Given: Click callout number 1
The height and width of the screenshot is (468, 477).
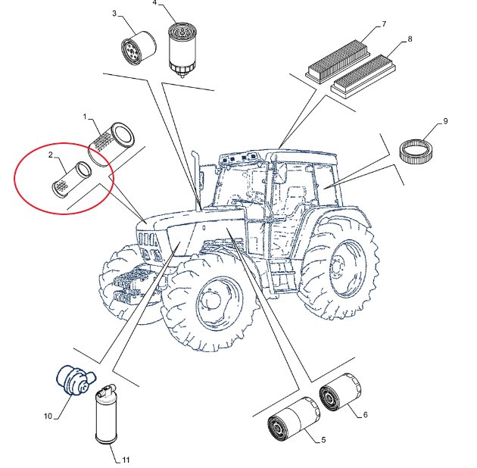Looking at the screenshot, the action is [x=85, y=117].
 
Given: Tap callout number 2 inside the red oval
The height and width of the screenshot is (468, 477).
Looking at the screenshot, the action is [x=51, y=155].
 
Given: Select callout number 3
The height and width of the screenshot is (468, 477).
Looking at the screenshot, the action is [x=114, y=14].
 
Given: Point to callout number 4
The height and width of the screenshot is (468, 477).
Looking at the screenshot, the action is [x=154, y=3].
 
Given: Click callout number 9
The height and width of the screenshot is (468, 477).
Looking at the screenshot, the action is [x=445, y=121].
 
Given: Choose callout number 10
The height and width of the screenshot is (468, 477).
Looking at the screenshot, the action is [x=48, y=416].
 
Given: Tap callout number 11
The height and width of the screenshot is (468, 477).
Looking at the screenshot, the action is [x=126, y=460].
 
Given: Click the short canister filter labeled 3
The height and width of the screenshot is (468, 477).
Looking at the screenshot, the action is [x=139, y=48].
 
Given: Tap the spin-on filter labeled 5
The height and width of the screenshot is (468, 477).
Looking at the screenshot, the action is [x=294, y=419].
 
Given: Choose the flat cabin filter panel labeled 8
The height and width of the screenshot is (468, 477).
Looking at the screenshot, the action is [x=363, y=76].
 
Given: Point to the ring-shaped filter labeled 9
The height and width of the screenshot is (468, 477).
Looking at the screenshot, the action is [x=416, y=151].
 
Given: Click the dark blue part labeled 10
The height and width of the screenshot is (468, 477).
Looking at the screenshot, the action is [x=76, y=380].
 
